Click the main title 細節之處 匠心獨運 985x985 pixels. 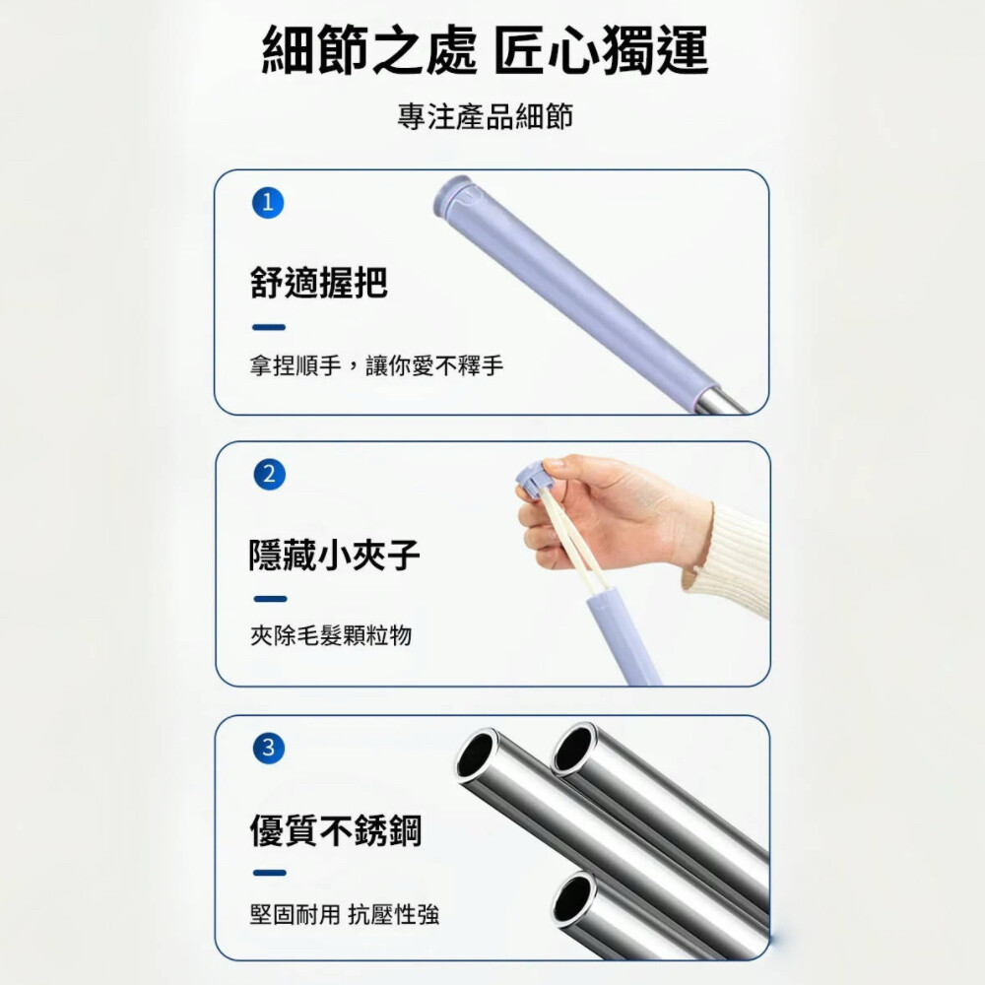click(x=485, y=50)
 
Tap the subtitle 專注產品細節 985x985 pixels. click(x=485, y=117)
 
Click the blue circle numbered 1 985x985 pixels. click(x=268, y=203)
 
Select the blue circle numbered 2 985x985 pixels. click(x=270, y=475)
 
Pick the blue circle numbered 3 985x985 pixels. click(x=269, y=748)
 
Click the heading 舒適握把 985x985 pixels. click(x=319, y=282)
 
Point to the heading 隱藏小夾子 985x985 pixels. click(x=334, y=555)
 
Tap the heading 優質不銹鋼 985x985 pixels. click(x=336, y=829)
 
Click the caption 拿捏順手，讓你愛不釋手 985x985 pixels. click(x=376, y=365)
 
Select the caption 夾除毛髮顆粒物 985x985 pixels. click(x=331, y=635)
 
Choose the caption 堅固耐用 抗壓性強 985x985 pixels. click(x=344, y=915)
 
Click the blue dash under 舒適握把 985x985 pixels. click(x=269, y=327)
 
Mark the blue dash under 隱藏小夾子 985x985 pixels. click(x=270, y=599)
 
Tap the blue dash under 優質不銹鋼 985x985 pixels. click(x=270, y=873)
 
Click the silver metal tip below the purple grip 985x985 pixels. click(x=722, y=402)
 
